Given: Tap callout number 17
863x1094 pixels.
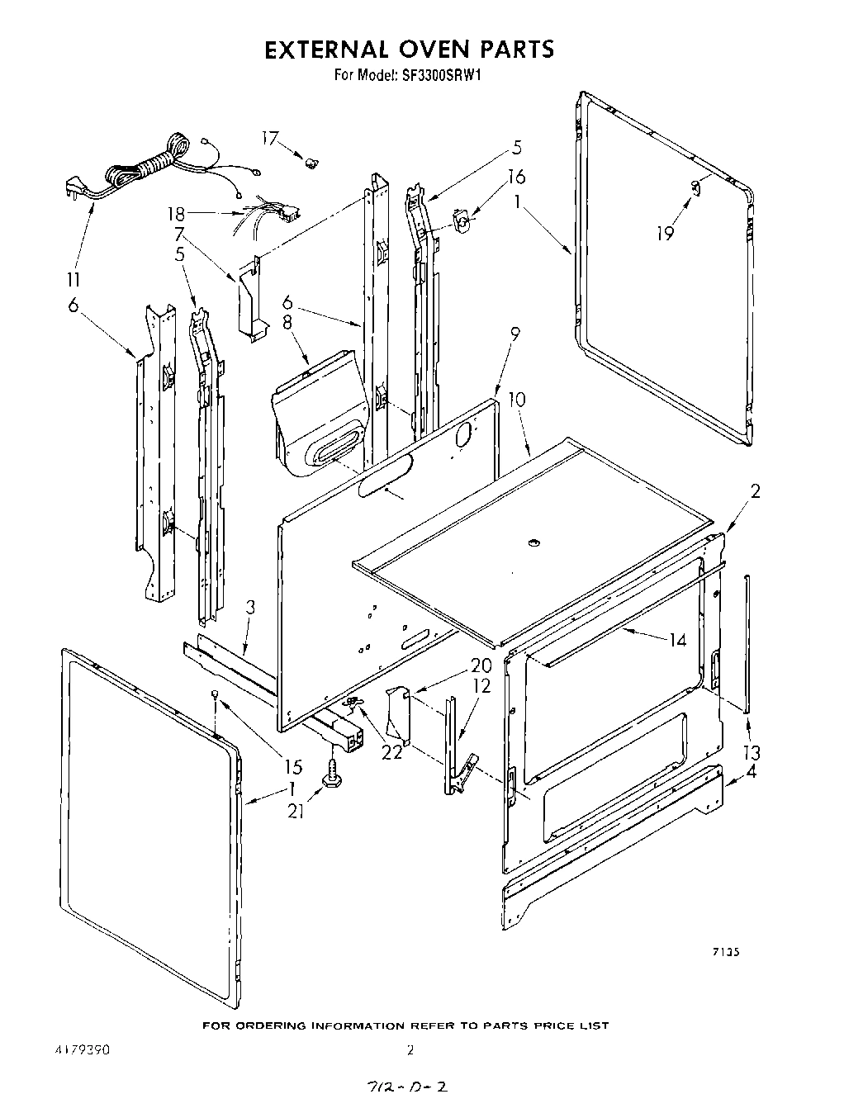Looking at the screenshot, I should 271,139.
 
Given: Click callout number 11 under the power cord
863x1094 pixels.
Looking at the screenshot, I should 75,278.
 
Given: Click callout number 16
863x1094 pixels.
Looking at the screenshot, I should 516,177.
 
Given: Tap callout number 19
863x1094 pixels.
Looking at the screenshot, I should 665,233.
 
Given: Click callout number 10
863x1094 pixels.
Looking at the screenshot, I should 516,400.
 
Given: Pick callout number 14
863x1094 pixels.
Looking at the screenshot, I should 677,640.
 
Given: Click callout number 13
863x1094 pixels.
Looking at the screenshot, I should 752,752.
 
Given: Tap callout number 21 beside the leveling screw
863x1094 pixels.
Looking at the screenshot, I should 296,812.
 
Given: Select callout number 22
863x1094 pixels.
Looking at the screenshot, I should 391,752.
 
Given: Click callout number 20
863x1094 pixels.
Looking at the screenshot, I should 481,665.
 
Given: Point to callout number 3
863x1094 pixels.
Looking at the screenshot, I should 250,608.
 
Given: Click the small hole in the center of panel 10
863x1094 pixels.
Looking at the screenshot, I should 532,542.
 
